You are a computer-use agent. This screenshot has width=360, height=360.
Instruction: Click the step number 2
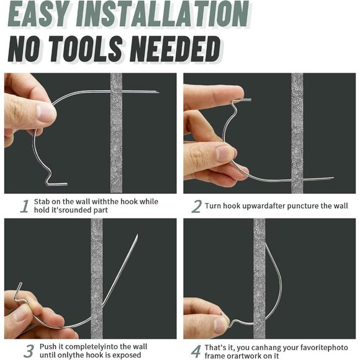[x=196, y=207]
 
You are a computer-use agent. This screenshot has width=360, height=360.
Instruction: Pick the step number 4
[x=196, y=351]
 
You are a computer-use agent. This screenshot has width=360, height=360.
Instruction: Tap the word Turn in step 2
[x=215, y=205]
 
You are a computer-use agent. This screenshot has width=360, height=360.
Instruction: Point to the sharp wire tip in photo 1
[x=158, y=93]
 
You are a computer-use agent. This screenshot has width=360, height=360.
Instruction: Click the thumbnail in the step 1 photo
[x=45, y=112]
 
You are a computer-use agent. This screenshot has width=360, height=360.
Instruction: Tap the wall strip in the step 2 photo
[x=297, y=133]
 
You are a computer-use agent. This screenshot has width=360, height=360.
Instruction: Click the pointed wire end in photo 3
[x=137, y=236]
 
